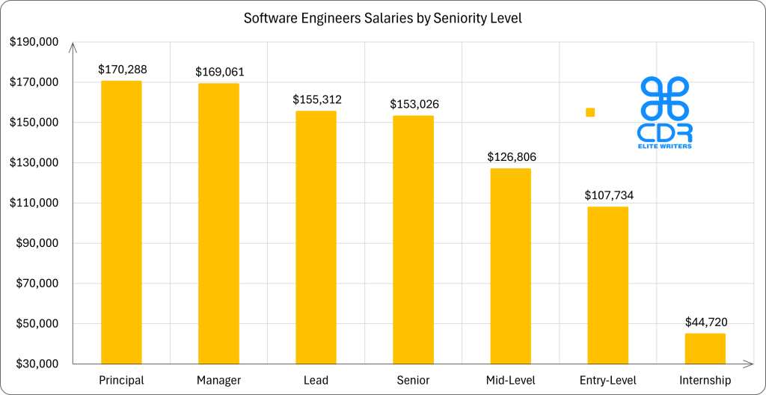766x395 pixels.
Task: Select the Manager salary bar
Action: coord(218,224)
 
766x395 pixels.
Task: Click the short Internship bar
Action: coord(705,349)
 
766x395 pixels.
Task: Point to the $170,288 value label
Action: coord(123,70)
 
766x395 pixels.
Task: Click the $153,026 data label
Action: coord(414,104)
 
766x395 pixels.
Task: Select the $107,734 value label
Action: coord(609,195)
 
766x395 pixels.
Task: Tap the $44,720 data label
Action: coord(706,322)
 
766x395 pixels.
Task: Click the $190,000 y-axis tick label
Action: coord(34,42)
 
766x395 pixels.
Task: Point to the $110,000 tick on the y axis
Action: coord(34,203)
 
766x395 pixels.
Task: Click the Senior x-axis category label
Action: coord(413,381)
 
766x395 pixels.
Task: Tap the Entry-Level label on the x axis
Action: coord(607,381)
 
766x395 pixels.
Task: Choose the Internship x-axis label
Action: coord(705,381)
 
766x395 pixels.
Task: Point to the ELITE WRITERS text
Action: coord(664,147)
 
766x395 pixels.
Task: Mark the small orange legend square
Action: coord(590,112)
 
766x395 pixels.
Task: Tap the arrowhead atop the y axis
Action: coord(73,48)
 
